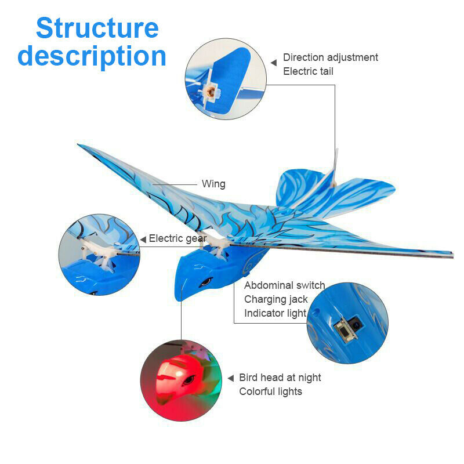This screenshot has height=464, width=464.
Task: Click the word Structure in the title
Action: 97,28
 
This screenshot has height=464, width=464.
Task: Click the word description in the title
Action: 92,56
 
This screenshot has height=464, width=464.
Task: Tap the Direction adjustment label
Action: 330,57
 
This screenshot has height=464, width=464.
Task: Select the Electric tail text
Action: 308,71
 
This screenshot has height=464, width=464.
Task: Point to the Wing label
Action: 213,184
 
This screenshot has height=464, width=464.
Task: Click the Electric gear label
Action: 177,238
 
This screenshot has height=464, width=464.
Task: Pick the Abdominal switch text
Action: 284,285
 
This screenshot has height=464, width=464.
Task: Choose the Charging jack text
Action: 275,299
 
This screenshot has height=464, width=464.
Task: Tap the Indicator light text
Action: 275,313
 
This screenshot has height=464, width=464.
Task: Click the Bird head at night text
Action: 280,378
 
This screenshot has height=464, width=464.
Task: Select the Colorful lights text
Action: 270,391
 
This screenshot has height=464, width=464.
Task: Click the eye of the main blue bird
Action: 205,283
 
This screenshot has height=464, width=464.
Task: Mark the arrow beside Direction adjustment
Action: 274,62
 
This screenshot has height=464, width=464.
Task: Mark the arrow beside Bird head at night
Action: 230,378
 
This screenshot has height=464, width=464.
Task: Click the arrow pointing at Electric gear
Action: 143,239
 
